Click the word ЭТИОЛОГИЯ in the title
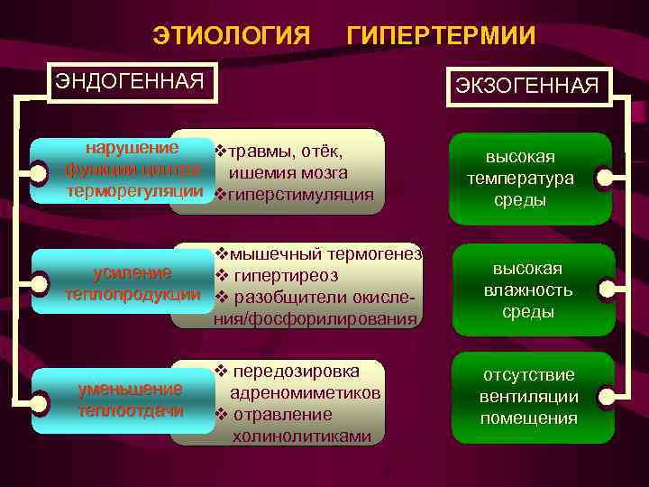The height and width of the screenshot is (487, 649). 231,35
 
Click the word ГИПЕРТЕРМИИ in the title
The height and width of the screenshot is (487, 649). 442,35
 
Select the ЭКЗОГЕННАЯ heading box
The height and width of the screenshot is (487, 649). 526,86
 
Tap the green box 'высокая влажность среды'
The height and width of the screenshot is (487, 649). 526,289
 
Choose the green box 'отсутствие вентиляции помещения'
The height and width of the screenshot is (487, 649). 528,397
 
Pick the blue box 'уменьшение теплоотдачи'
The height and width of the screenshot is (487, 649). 131,400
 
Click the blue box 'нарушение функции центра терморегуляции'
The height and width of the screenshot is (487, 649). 132,170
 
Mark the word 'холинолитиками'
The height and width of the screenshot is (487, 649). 301,436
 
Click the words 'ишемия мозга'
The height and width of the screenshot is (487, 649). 288,173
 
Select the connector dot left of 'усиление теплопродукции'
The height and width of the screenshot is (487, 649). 39,285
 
